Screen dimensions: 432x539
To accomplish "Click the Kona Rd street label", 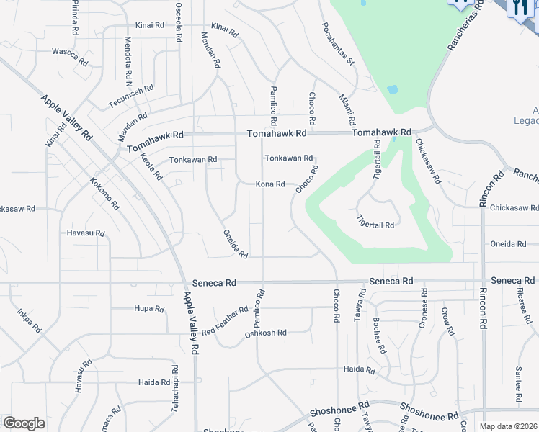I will (x=270, y=184).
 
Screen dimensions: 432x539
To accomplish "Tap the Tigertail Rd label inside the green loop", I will (x=375, y=225).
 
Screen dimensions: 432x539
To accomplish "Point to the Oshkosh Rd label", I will (x=266, y=333).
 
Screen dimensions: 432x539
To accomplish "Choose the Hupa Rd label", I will (x=149, y=308).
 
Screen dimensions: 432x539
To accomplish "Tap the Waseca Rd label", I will (x=69, y=51).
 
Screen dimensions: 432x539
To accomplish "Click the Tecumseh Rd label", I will (x=131, y=97).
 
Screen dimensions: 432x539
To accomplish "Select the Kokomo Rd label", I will (x=104, y=195).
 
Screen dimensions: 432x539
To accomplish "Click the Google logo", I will (x=23, y=423).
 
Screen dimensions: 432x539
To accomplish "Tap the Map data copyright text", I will (x=509, y=426).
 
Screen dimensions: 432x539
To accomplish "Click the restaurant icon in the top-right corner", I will (x=520, y=8).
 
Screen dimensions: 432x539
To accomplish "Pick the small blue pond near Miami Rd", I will (x=392, y=90).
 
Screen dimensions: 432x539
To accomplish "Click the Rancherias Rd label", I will (x=463, y=44).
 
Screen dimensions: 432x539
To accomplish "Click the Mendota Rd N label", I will (x=128, y=57).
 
